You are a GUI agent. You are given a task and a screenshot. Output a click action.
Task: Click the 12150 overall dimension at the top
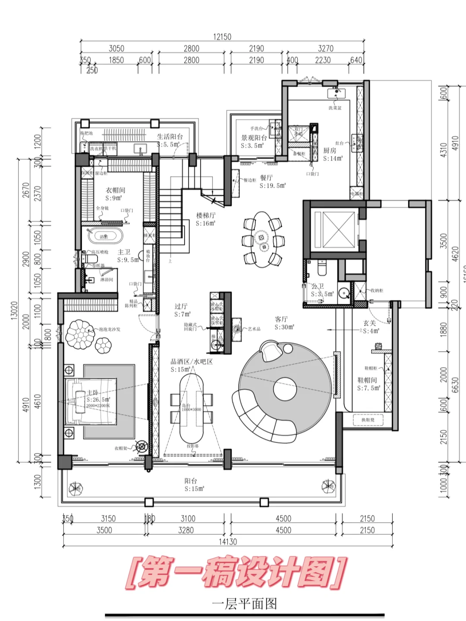222,37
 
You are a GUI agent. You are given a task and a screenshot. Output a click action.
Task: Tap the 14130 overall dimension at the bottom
227,542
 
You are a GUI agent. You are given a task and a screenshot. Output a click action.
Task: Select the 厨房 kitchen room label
330,151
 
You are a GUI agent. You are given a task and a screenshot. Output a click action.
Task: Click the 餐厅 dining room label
266,178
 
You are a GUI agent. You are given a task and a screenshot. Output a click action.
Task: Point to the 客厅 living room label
281,319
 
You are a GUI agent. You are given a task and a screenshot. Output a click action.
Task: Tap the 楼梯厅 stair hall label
205,215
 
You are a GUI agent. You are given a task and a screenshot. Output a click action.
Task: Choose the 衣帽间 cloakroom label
115,190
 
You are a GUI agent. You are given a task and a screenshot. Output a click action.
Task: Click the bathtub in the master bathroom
105,236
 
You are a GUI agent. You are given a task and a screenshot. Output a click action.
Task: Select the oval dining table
261,239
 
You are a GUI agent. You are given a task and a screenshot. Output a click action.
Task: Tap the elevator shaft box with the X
333,227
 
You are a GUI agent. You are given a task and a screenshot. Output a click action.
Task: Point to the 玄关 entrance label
370,323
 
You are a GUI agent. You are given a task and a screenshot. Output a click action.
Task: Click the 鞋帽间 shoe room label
367,380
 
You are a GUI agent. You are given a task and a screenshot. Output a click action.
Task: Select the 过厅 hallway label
181,306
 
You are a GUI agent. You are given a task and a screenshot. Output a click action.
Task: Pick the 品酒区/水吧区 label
192,362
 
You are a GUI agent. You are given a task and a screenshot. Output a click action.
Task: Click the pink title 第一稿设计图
236,572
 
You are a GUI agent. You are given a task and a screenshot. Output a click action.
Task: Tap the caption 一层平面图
244,603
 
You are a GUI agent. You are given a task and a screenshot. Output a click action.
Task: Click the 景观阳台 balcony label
254,138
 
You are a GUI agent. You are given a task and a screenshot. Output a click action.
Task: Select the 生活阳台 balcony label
170,136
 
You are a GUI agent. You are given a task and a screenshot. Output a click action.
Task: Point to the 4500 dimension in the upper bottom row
283,518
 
